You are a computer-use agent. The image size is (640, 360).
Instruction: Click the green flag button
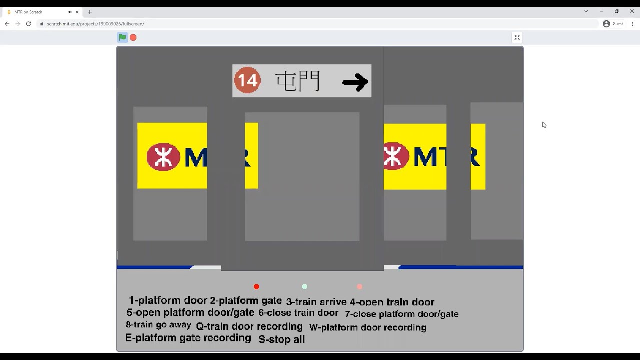[122, 37]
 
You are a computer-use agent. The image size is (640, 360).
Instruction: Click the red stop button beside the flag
[133, 37]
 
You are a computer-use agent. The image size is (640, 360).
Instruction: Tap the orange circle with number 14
[247, 80]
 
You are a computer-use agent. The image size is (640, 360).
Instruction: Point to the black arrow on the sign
[355, 82]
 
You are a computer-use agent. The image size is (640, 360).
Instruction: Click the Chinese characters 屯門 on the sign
[298, 81]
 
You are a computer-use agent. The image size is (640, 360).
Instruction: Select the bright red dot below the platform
[257, 287]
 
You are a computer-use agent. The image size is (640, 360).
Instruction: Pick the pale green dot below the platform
[305, 287]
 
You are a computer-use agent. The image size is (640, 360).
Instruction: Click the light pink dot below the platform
[360, 287]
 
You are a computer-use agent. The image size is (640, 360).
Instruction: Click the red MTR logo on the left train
[163, 157]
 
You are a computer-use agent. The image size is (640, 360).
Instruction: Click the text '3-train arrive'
[316, 302]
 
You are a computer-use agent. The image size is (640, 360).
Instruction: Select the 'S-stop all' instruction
[281, 339]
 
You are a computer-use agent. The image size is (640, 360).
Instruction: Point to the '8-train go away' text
[158, 325]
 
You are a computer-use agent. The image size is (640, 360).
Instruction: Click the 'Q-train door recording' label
[249, 327]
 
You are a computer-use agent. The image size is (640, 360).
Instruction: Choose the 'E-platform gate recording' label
[188, 338]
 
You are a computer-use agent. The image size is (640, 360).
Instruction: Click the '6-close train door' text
[298, 313]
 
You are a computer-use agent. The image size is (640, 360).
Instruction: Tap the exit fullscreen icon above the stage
[517, 37]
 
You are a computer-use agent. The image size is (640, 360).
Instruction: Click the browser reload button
[28, 24]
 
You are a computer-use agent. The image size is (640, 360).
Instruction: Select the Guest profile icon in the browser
[606, 24]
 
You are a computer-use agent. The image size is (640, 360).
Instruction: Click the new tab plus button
[90, 12]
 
